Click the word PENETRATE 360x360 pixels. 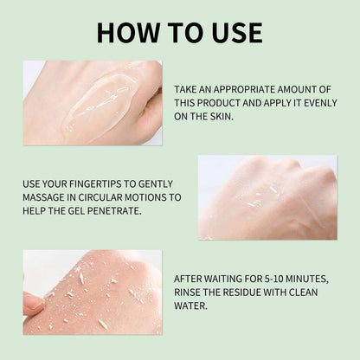pos(110,210)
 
